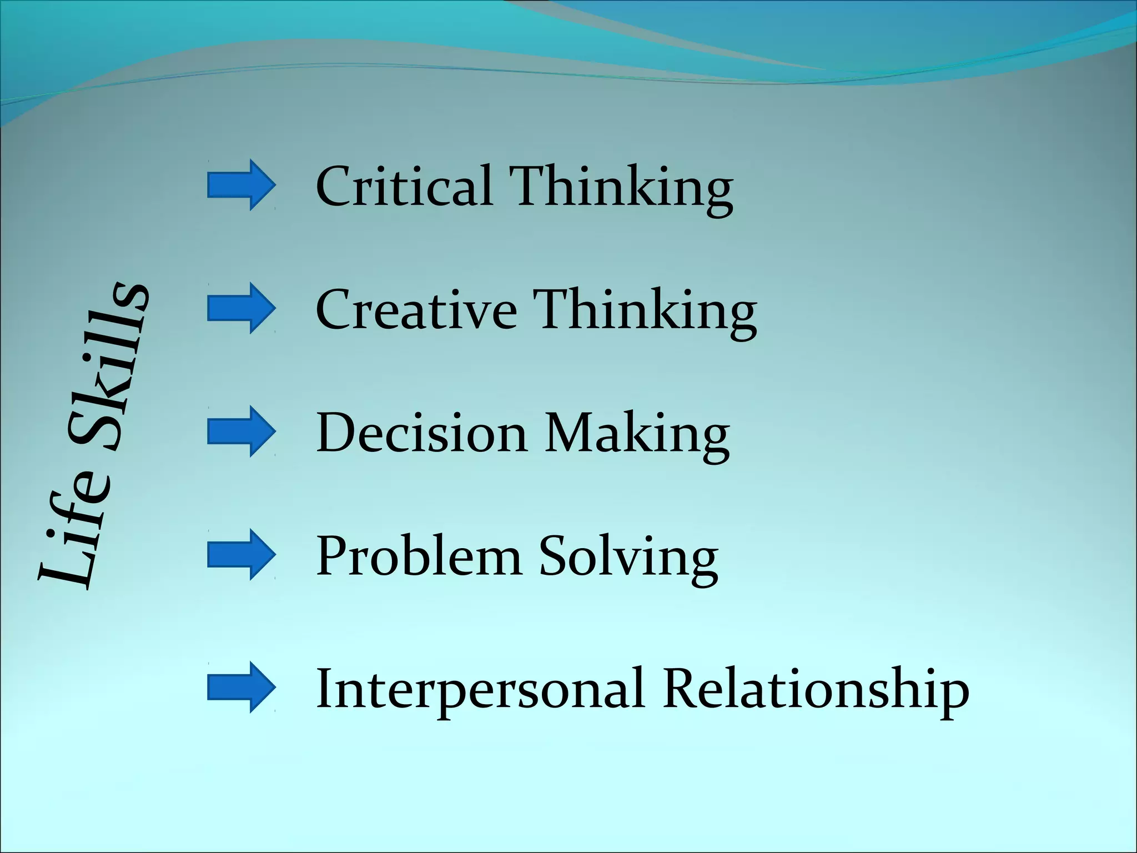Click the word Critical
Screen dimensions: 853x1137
(x=404, y=185)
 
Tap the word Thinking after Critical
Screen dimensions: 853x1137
(x=621, y=188)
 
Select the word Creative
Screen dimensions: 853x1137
(x=416, y=309)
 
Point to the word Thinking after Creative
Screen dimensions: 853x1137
(x=645, y=311)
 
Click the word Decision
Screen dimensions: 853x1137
(x=421, y=433)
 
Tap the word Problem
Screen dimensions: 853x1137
(x=419, y=556)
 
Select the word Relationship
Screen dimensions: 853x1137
(x=816, y=690)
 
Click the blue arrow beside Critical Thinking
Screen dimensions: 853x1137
(x=241, y=185)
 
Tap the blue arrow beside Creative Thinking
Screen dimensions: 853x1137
(x=241, y=308)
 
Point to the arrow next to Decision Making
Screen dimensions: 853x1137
(x=241, y=431)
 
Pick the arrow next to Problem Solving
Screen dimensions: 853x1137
(x=241, y=555)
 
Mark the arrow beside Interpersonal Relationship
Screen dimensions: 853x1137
(x=241, y=687)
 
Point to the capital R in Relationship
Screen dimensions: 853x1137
(x=682, y=689)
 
